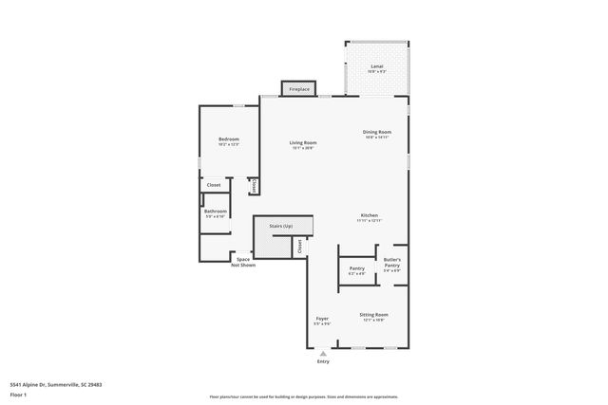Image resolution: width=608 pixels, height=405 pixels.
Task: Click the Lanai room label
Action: coord(376,66)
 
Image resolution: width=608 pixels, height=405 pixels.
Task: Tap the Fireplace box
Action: coord(299,89)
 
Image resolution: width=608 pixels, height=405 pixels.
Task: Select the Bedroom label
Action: coord(229,139)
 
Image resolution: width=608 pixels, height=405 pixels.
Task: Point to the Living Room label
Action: coord(303,142)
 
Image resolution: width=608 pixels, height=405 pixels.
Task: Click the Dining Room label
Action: coord(377,132)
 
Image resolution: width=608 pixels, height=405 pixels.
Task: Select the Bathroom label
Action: coord(215,211)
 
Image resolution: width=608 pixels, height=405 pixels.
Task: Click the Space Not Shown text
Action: coord(243,262)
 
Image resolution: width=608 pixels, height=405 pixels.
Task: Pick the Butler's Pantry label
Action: coord(391,262)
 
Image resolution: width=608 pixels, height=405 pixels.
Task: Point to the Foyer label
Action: coord(322,319)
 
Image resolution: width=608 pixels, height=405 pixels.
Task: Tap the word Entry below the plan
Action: coord(323,361)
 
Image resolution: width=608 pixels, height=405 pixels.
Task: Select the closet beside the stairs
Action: coord(299,247)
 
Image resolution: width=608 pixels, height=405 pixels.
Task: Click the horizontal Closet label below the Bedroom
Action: coord(214,185)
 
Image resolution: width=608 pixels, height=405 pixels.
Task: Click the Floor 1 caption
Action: coord(18,395)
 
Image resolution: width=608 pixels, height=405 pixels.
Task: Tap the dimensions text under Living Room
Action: coord(303,149)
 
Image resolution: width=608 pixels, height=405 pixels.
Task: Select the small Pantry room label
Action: coord(357,268)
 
